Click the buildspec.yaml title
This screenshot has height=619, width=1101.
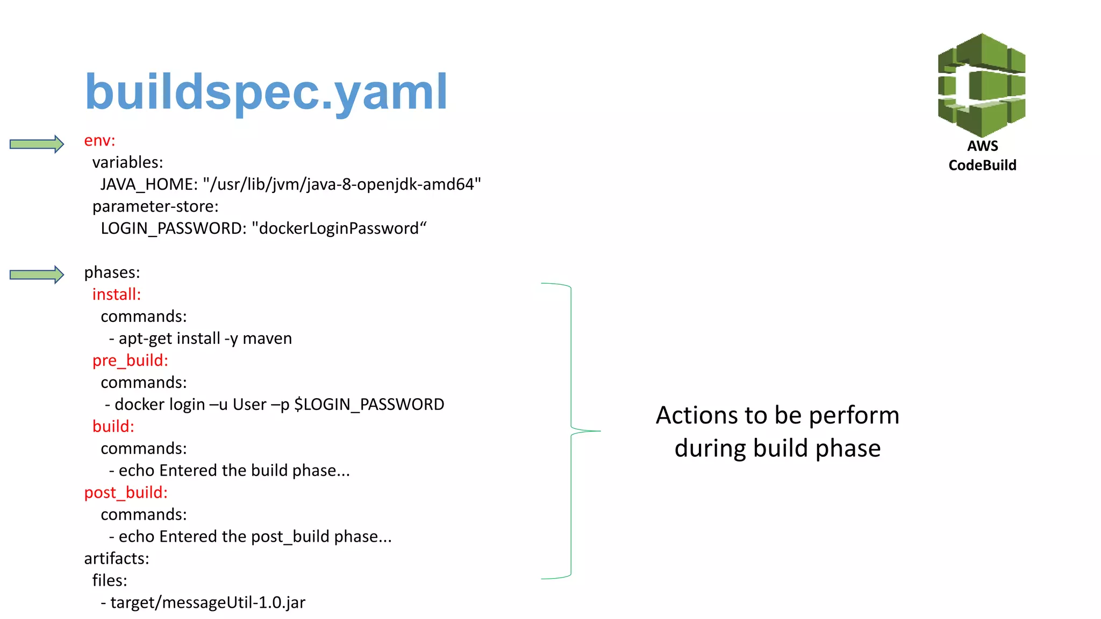[x=266, y=92]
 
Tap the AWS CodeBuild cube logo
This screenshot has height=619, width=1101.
[x=981, y=85]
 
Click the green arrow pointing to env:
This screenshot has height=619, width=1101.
[x=37, y=144]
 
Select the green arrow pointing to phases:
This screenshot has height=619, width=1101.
[x=37, y=275]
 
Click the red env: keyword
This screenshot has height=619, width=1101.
[x=99, y=141]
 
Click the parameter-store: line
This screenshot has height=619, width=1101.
[x=155, y=207]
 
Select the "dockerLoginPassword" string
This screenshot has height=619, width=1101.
[x=339, y=229]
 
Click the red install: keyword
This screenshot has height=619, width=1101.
[x=116, y=295]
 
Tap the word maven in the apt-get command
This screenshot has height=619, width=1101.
[x=267, y=339]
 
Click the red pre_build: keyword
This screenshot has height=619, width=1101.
[x=130, y=361]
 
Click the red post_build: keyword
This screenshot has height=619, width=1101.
[x=126, y=493]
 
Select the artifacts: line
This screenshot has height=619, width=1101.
[x=116, y=559]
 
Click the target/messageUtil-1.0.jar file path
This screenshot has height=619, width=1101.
[x=208, y=603]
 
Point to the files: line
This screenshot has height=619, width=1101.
[x=110, y=581]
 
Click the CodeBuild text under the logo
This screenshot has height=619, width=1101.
[x=982, y=165]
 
